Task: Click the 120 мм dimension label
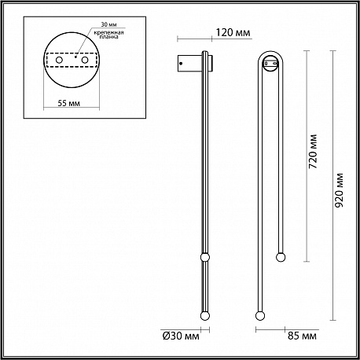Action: point(233,33)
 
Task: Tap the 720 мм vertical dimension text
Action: point(313,152)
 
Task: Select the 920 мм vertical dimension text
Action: point(339,190)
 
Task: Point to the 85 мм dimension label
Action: point(302,336)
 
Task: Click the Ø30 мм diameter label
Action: point(181,336)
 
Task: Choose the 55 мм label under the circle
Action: point(69,103)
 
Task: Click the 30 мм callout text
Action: point(108,24)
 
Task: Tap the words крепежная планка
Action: point(108,35)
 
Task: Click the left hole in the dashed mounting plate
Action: point(59,60)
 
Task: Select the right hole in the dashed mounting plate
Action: point(85,60)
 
